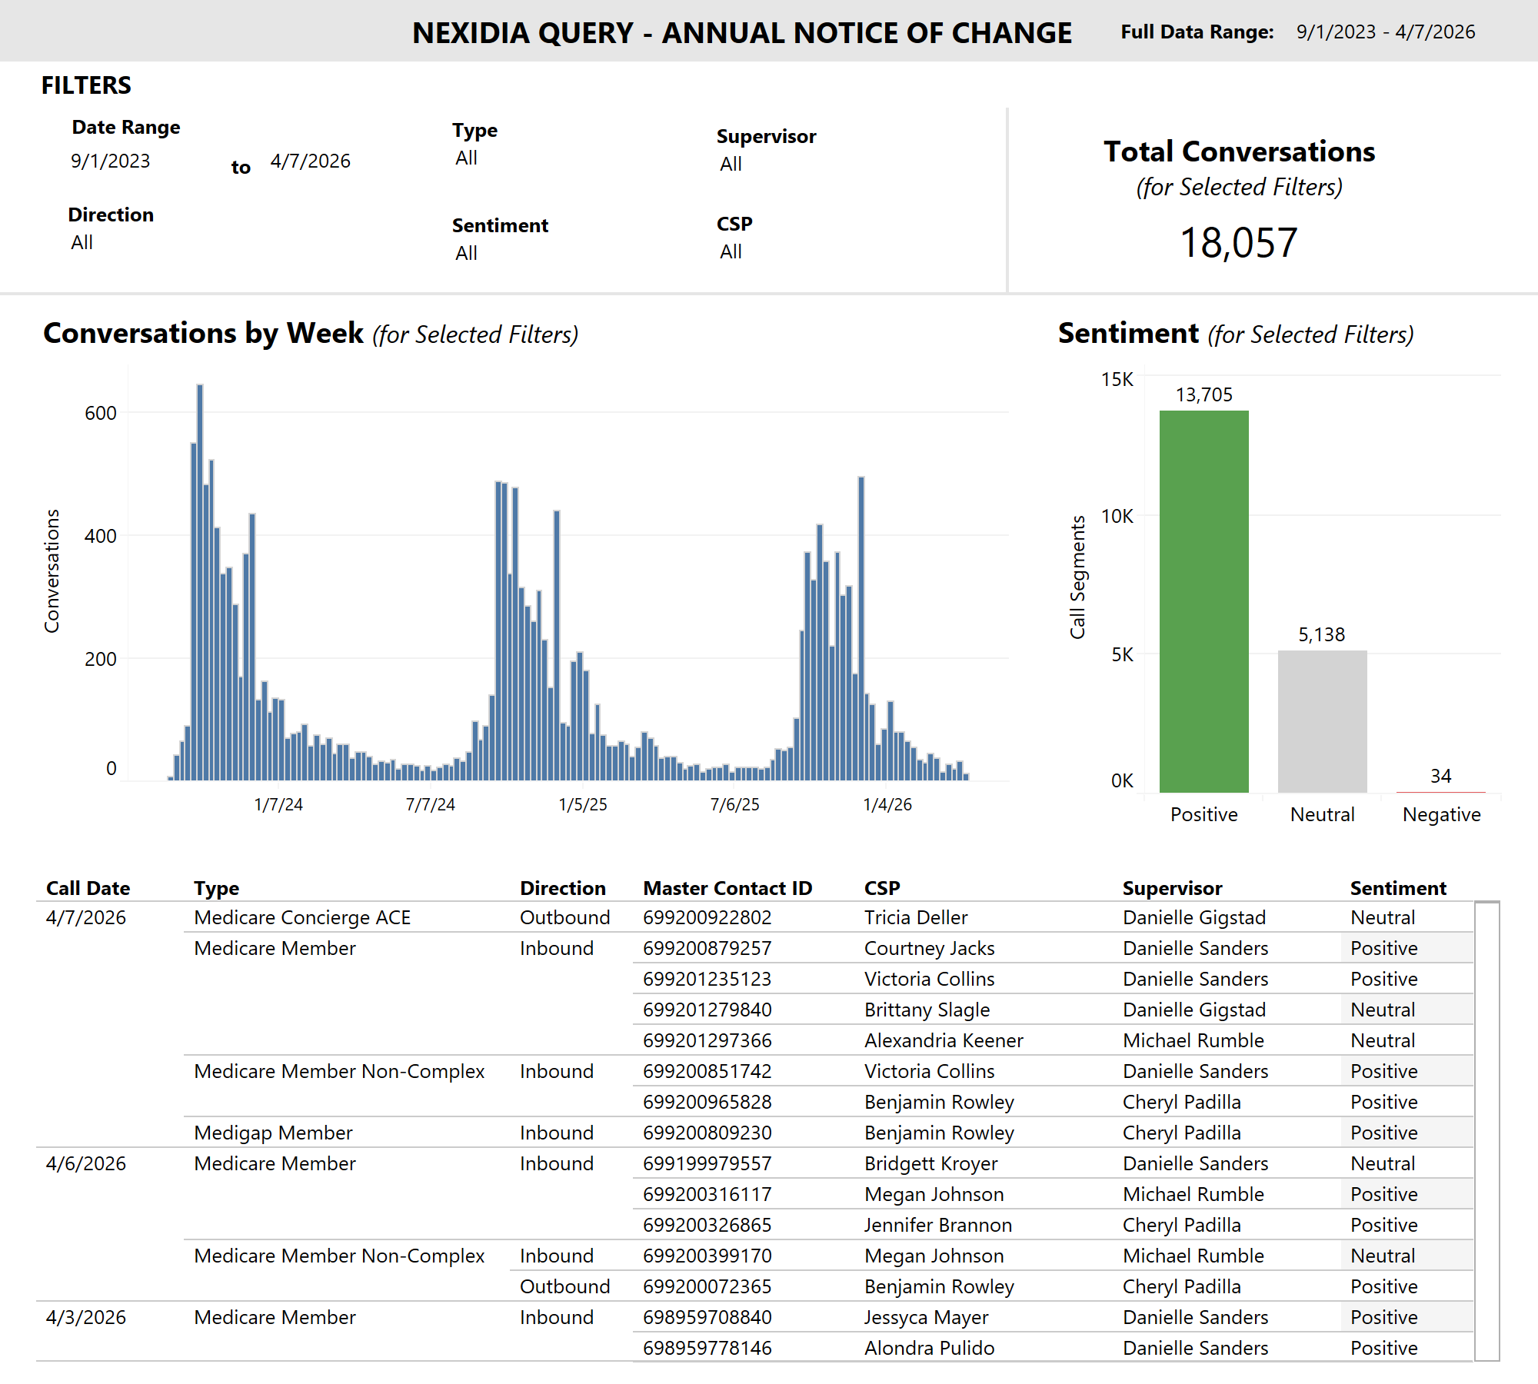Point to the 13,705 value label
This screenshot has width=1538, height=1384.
(1203, 394)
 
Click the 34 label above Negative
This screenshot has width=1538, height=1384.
(1440, 776)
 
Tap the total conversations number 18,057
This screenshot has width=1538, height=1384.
(1238, 243)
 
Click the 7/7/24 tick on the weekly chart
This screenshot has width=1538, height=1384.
(430, 804)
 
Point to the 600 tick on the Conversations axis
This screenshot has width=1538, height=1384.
(100, 413)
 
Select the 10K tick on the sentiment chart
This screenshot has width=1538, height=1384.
(1117, 516)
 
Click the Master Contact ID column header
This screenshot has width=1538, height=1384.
(727, 888)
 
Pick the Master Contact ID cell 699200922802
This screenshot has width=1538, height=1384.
(707, 917)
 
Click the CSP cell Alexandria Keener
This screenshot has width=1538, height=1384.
(943, 1040)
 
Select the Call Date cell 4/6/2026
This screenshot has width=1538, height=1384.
(85, 1163)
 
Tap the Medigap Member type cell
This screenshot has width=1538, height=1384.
(273, 1133)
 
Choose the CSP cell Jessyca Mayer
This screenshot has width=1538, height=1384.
(926, 1317)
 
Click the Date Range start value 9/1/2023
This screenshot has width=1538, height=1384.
(110, 161)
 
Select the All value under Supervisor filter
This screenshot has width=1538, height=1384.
(731, 164)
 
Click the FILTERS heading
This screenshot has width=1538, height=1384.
(86, 85)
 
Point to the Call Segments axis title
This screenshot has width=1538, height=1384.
(1077, 577)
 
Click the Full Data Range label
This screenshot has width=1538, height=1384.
(1197, 32)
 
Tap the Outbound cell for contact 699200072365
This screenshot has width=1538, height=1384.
(564, 1286)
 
